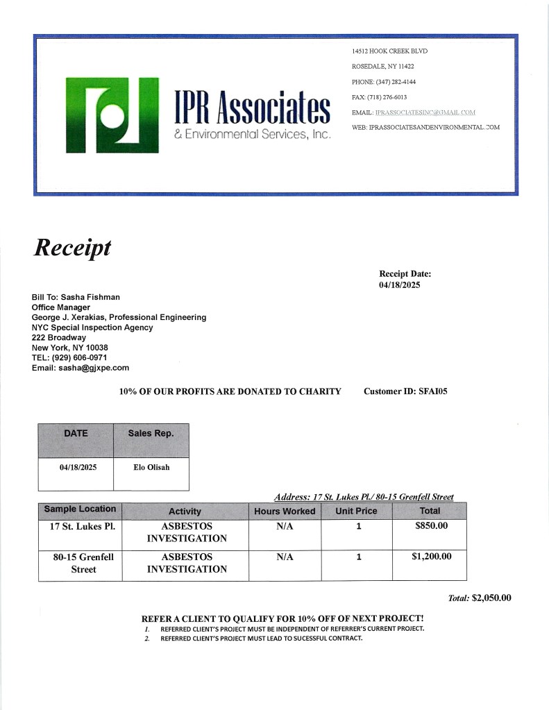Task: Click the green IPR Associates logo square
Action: point(112,115)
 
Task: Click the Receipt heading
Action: point(72,247)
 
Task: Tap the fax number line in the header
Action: point(380,97)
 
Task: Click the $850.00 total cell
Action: point(430,525)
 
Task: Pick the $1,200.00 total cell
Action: point(430,556)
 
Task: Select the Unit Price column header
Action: point(356,511)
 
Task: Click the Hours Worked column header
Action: point(285,511)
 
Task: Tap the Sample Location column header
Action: point(80,509)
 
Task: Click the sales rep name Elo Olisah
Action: point(151,467)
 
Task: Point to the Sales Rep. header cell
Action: point(151,433)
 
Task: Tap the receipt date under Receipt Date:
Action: point(400,285)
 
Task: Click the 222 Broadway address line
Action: point(59,337)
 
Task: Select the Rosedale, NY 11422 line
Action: point(382,67)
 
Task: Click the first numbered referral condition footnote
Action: point(292,629)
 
